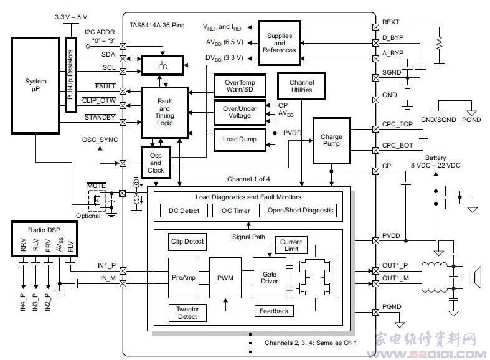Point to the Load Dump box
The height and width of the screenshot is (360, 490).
coord(239,138)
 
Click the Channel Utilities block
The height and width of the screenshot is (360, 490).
coord(301,87)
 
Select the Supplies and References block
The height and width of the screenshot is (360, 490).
coord(279,43)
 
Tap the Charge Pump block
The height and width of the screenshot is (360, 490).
coord(331,141)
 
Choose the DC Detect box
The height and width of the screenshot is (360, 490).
coord(184,211)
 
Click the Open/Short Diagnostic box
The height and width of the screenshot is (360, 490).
coord(301,211)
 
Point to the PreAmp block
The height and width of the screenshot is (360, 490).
coord(184,277)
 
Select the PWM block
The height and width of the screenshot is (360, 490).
coord(225,277)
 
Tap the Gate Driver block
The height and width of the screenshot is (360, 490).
coord(269,277)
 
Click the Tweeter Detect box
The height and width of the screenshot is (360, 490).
coord(187,313)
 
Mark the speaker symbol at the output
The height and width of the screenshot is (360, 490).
coord(475,276)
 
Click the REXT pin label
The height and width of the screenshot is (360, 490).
coord(391,22)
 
